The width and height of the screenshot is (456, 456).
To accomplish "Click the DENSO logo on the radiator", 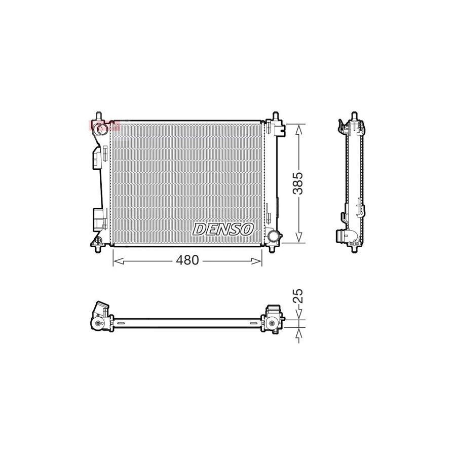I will (223, 229).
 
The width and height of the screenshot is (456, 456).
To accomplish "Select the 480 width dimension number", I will (187, 260).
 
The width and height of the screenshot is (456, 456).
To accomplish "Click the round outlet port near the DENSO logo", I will (274, 236).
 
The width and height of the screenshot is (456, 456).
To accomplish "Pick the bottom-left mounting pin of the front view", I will (99, 248).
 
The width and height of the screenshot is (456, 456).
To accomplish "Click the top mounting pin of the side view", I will (354, 116).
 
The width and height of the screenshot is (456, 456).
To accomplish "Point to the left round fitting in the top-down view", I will (97, 324).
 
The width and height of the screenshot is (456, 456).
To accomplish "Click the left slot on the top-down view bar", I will (121, 323).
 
